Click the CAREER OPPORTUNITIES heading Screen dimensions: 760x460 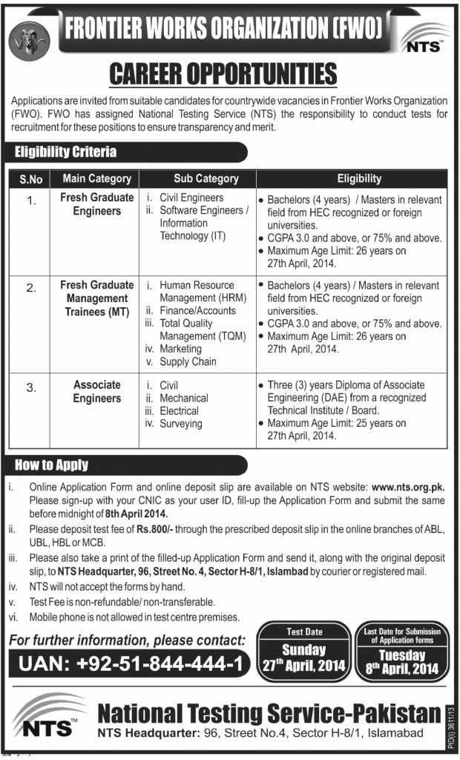click(223, 74)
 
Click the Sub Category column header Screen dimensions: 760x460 click(206, 178)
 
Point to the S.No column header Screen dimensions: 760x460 click(30, 178)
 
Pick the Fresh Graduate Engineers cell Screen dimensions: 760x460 click(97, 204)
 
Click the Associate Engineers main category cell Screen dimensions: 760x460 click(97, 391)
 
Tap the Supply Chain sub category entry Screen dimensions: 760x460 click(188, 361)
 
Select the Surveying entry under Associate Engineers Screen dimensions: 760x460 click(180, 423)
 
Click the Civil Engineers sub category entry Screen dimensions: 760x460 click(191, 197)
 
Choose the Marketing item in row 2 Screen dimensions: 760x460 click(180, 348)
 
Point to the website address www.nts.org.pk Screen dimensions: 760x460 click(407, 487)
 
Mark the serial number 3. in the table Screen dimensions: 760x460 click(30, 384)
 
